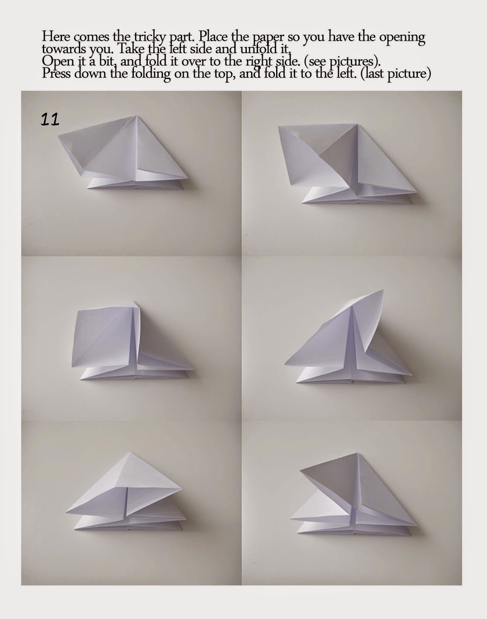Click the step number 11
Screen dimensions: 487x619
point(50,120)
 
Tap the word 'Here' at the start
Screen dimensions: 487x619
point(56,37)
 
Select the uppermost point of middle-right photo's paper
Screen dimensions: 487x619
point(383,290)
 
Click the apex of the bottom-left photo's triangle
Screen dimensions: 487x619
point(130,452)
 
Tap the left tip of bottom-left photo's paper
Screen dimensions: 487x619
point(66,512)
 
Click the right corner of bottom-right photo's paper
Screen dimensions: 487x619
point(417,525)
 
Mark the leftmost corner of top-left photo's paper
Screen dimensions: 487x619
point(58,136)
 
